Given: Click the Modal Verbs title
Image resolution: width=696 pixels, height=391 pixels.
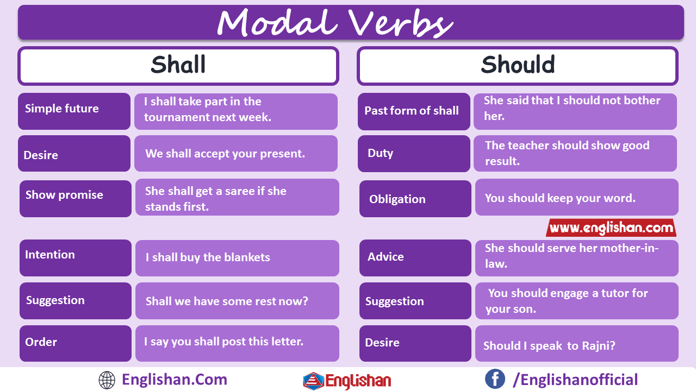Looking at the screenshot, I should [334, 23].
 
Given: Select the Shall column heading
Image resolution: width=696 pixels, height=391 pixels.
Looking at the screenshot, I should [178, 65].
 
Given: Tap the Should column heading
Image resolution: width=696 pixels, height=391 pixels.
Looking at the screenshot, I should [518, 65].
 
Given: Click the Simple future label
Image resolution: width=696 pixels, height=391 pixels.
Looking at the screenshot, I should [62, 109].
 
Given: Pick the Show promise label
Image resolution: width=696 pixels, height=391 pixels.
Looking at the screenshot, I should [64, 195].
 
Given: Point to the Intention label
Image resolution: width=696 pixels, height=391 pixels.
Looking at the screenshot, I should [50, 255].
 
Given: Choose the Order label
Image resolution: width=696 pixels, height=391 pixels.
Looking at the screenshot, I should [41, 342].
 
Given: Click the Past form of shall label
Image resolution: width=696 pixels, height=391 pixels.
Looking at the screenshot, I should [412, 111].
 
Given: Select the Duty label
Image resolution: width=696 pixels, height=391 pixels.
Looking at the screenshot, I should [381, 153].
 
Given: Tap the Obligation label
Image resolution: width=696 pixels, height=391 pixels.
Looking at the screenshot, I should [397, 199].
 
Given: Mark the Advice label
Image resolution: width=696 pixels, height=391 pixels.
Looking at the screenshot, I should [386, 257].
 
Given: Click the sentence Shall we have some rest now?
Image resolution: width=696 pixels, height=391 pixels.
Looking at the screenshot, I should [227, 301].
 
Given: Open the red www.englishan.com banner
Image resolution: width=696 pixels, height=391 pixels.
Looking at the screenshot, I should [611, 228].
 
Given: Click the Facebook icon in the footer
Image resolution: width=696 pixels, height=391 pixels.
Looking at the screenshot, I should [495, 379].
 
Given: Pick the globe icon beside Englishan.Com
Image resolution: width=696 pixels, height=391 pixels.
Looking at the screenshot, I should [107, 380].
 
